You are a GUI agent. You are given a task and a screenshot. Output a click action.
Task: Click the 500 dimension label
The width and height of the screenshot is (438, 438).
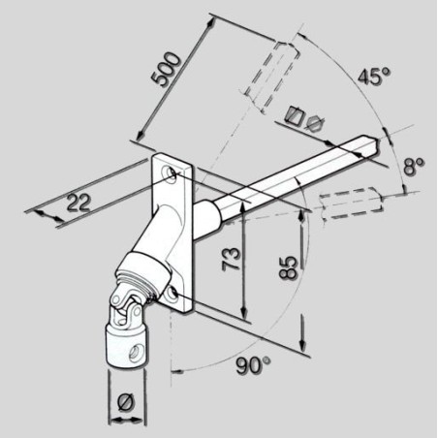[166, 69]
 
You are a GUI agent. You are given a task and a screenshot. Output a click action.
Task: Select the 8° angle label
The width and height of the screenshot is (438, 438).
[414, 167]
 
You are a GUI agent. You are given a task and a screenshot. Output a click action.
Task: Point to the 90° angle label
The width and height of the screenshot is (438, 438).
[253, 365]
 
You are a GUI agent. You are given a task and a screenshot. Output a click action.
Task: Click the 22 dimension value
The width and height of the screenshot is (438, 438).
[78, 203]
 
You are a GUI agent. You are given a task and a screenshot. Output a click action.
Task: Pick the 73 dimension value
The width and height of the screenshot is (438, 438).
[232, 259]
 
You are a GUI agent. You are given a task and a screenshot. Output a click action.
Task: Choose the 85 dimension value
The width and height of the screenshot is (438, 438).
[288, 267]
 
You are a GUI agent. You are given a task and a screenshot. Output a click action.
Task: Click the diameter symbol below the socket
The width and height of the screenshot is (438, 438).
[125, 402]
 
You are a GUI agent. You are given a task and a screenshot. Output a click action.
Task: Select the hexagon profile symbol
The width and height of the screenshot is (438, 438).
[315, 124]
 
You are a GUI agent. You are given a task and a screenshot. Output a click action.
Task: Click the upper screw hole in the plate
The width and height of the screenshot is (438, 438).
[170, 172]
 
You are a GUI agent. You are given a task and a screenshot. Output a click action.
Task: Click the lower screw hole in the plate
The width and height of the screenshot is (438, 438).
[171, 294]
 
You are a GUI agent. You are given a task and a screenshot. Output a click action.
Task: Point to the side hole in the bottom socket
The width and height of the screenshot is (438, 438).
[134, 352]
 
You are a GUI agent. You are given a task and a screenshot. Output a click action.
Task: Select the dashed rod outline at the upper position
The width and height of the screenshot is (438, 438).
[271, 77]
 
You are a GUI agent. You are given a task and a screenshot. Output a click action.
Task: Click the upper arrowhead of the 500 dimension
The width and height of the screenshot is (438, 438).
[211, 22]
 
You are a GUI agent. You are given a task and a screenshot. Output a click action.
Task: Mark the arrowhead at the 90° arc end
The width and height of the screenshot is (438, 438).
[176, 371]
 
